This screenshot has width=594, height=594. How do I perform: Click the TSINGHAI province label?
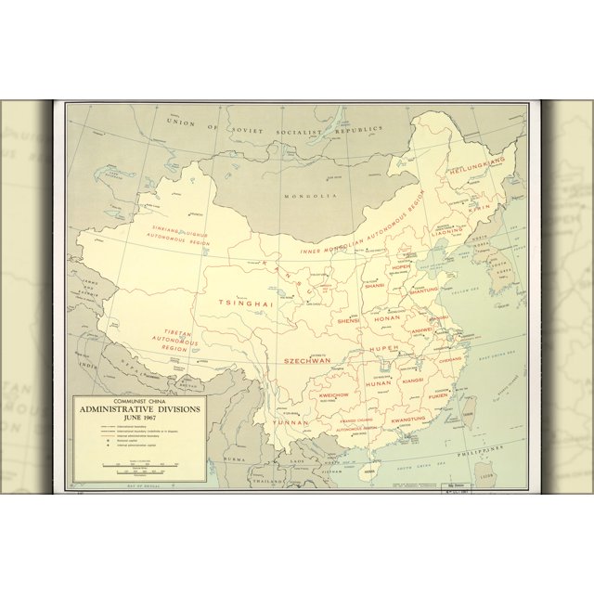click(246, 303)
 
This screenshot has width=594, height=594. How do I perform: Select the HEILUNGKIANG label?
click(476, 167)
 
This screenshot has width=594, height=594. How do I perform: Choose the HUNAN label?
click(379, 382)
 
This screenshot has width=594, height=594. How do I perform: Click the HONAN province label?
click(386, 317)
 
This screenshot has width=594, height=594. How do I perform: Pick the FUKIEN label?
click(438, 395)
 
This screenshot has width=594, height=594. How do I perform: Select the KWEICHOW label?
click(333, 395)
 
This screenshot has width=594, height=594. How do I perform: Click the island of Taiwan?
click(469, 407)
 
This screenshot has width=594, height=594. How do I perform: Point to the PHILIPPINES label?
click(494, 448)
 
